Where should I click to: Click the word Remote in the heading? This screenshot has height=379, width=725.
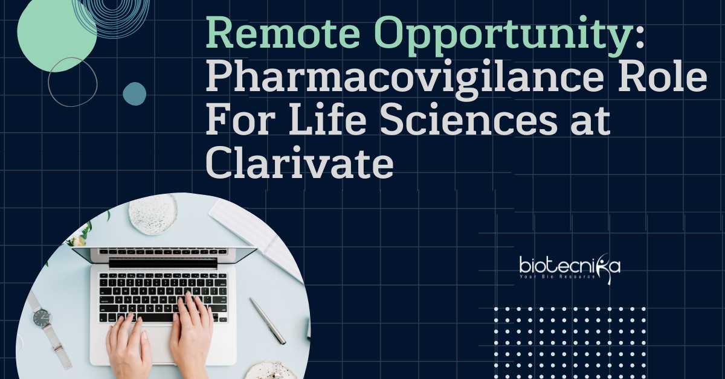tap(283, 33)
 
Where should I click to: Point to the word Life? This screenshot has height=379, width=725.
tap(327, 119)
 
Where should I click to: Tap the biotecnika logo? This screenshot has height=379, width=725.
tap(570, 269)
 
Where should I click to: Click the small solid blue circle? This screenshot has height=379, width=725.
tap(134, 94)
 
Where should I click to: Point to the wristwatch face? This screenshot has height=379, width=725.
tap(42, 317)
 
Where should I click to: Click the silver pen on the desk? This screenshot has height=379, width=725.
tap(268, 321)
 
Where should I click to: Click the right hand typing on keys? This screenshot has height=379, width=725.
tap(192, 333)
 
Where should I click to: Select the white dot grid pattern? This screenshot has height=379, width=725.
tap(569, 343)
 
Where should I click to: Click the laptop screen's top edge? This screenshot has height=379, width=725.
tap(164, 249)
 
